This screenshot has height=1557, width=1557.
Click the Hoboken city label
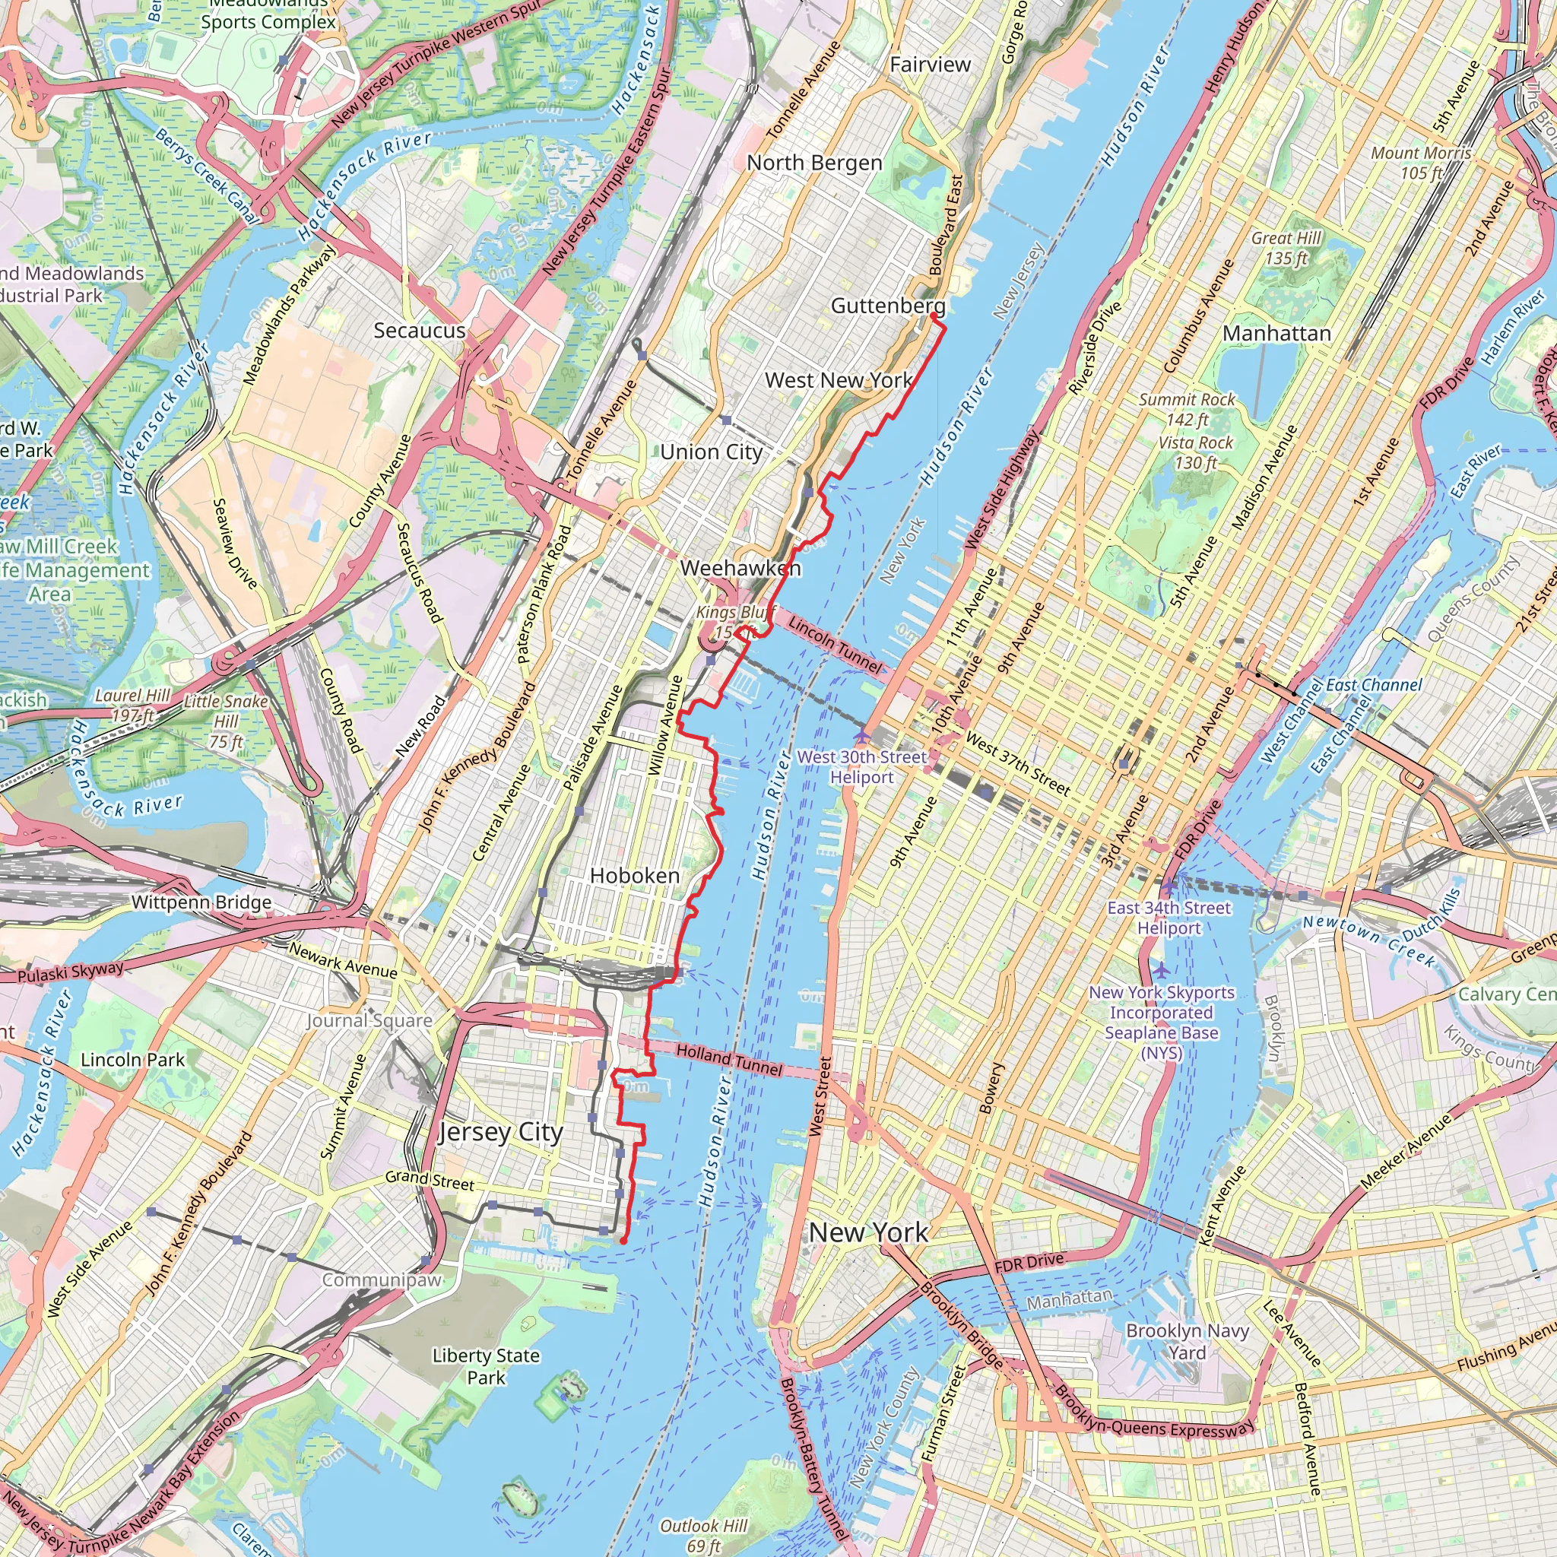[x=634, y=875]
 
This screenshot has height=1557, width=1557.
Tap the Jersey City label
[x=500, y=1132]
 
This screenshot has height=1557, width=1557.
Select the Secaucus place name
[x=419, y=331]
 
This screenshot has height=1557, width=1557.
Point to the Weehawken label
[x=740, y=568]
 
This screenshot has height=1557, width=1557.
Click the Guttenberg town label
[x=887, y=306]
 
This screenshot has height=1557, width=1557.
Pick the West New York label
[x=838, y=379]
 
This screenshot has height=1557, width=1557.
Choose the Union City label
[x=711, y=452]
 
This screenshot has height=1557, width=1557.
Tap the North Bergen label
[x=814, y=163]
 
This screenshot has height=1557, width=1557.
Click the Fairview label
[x=930, y=65]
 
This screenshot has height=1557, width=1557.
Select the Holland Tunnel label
[x=728, y=1060]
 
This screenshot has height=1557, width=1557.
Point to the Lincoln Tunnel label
[x=835, y=644]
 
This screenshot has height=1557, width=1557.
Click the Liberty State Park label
[x=486, y=1367]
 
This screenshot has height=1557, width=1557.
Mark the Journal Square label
[x=369, y=1021]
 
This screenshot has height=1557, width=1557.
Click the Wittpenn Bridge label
[x=201, y=902]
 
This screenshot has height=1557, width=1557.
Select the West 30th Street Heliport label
[x=861, y=766]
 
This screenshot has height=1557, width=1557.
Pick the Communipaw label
[x=382, y=1280]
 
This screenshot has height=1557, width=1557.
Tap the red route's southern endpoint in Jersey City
[x=623, y=1241]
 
